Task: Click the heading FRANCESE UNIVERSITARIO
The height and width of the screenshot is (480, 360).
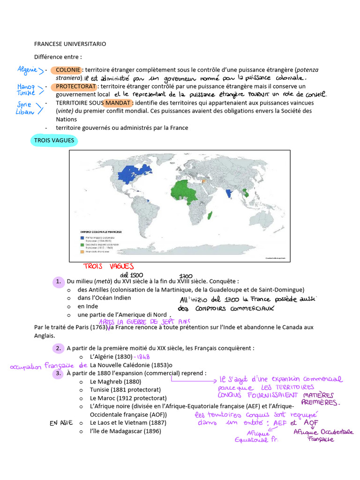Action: click(x=70, y=44)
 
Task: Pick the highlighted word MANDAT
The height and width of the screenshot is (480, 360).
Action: click(x=118, y=103)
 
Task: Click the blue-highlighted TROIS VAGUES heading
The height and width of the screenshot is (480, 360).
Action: click(x=54, y=140)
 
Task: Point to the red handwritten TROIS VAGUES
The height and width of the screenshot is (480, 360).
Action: click(x=108, y=267)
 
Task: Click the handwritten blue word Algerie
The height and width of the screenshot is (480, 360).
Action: click(x=28, y=69)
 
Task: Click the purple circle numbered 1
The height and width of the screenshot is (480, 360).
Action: click(x=59, y=282)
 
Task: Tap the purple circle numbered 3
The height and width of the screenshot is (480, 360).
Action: click(x=59, y=374)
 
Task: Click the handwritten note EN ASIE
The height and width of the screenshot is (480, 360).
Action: click(x=60, y=423)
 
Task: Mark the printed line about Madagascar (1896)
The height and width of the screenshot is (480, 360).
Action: click(x=125, y=431)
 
